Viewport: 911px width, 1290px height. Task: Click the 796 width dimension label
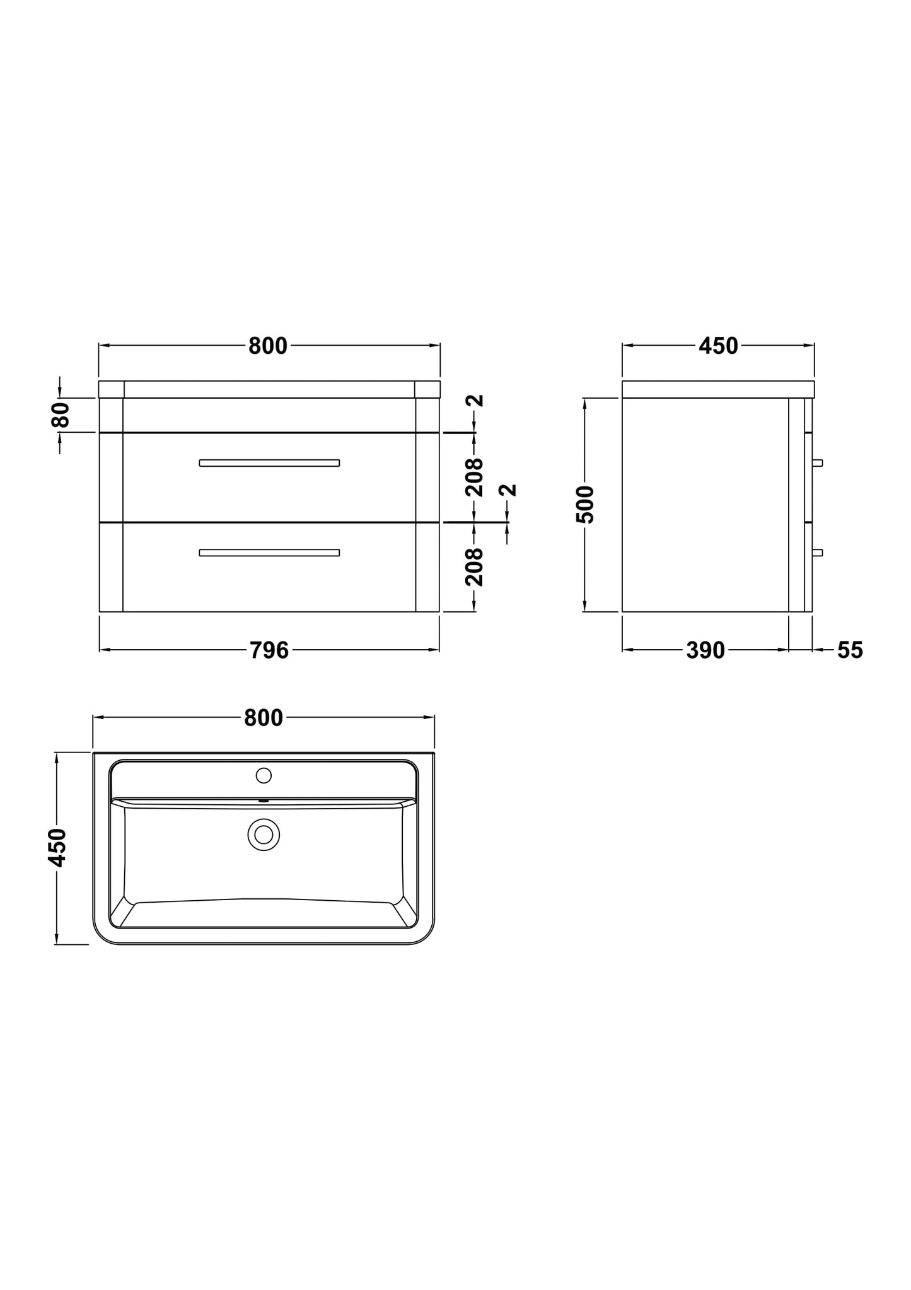coord(269,650)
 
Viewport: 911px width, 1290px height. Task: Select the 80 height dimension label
coord(61,414)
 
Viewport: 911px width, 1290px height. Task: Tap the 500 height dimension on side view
coord(585,505)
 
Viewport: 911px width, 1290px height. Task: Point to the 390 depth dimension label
coord(705,650)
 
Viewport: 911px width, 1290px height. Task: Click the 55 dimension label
coord(850,650)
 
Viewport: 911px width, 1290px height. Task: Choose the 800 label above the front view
coord(268,346)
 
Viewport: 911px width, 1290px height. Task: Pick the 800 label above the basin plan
coord(264,718)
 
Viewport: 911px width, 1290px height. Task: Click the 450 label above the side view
coord(718,346)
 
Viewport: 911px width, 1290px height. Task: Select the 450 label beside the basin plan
coord(57,847)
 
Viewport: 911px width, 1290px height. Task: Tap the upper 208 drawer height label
coord(475,478)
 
